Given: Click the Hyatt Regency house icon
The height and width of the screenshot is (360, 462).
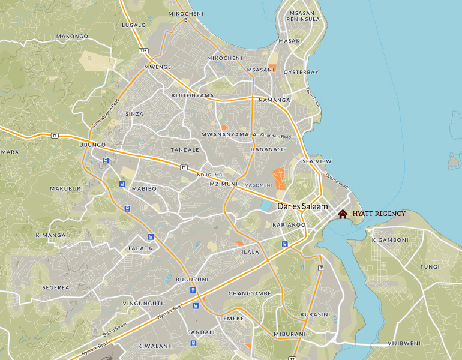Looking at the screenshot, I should [x=343, y=214].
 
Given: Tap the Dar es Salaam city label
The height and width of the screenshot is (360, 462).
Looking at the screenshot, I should [x=302, y=206].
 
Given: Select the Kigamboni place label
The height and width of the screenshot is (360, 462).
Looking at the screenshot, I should [x=390, y=240].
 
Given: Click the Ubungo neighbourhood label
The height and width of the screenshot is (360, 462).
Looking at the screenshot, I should [x=92, y=145].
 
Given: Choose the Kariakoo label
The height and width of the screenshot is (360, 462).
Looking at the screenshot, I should [x=289, y=225].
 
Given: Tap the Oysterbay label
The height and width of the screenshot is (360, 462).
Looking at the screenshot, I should [x=301, y=72].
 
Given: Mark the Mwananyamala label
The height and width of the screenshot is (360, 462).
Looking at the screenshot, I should [x=229, y=134].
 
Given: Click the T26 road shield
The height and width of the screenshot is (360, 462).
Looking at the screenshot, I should [x=143, y=50].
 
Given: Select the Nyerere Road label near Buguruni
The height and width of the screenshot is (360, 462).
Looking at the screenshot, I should [x=169, y=312].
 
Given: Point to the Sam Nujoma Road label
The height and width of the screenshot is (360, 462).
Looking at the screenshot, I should [x=106, y=113].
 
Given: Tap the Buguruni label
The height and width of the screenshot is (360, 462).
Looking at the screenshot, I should [x=191, y=280].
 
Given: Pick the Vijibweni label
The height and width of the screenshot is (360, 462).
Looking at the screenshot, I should [x=404, y=343].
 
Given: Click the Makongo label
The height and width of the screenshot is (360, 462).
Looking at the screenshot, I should [x=72, y=36].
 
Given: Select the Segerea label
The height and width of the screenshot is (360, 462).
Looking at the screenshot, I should [x=56, y=287].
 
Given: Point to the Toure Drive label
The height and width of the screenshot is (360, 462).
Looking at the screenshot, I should [x=313, y=97].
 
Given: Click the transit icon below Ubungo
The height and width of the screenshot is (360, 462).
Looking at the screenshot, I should [x=105, y=160].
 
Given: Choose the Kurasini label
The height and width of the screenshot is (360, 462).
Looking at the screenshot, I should [x=315, y=314].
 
